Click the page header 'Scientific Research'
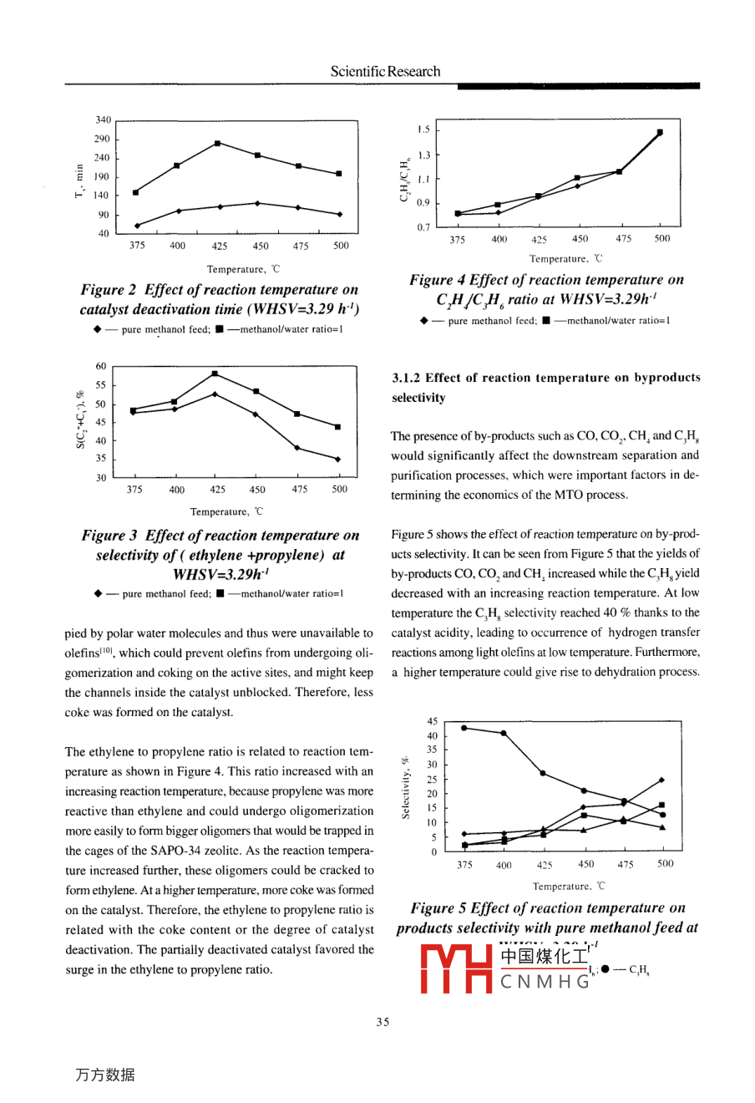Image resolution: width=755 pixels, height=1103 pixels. pos(385,72)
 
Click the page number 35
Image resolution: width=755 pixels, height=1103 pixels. pos(383,1021)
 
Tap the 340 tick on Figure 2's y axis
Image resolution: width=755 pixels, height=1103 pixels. pos(102,120)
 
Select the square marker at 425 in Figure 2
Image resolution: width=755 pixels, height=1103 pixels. pos(218,143)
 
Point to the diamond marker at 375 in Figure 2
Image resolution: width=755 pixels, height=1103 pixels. pos(137,226)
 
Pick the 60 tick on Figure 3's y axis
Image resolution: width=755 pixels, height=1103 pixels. pos(101,366)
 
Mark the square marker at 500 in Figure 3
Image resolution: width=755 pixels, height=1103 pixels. pos(337,427)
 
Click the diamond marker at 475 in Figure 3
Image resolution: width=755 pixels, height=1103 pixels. pos(297,448)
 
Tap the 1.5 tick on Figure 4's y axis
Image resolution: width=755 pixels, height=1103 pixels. pos(423,130)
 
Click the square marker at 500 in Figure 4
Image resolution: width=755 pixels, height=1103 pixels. pos(660,132)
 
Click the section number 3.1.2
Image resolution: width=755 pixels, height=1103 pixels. pos(407,378)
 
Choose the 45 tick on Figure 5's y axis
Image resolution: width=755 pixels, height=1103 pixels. pos(432,721)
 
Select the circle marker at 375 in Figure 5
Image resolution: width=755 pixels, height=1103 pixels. pos(464,728)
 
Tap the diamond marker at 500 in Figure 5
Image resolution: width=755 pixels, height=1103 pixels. pos(661,780)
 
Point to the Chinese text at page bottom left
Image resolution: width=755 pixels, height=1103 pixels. pos(104,1075)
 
